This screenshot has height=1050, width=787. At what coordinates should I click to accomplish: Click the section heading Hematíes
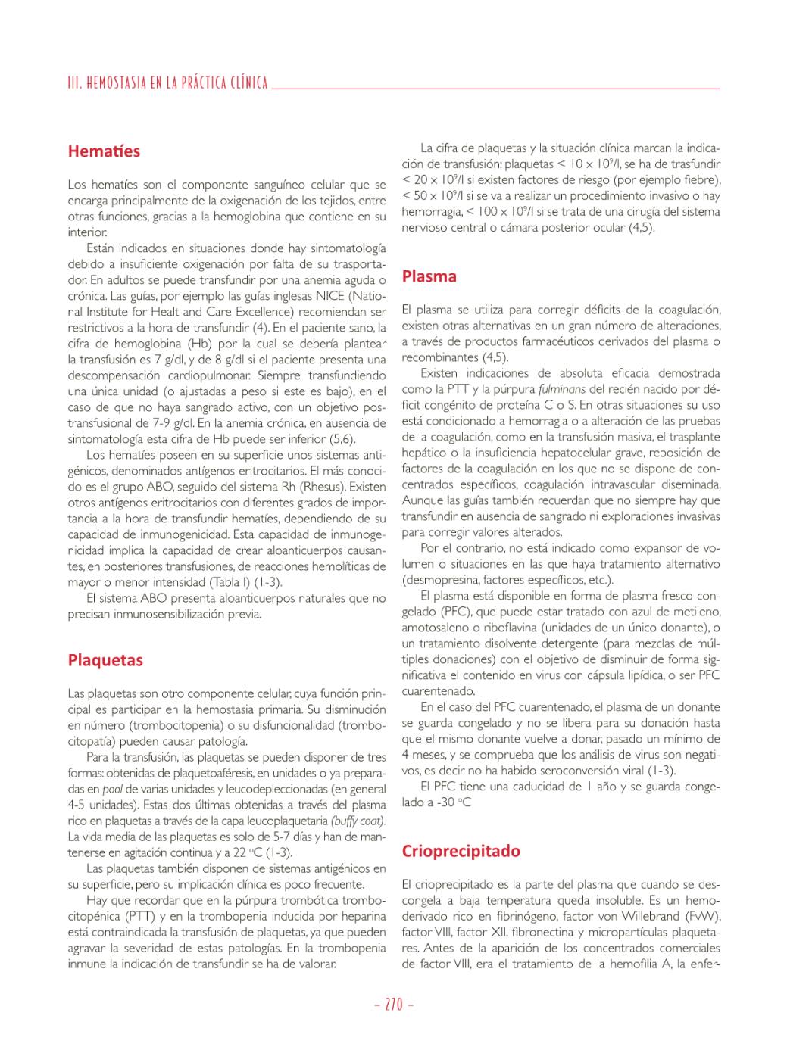click(x=104, y=151)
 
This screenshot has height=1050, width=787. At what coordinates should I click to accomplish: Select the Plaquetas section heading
click(x=105, y=660)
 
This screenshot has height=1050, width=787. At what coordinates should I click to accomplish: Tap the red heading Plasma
click(x=429, y=276)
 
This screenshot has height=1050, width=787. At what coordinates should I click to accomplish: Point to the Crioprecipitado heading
click(x=461, y=851)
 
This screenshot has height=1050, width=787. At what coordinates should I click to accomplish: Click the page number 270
click(x=394, y=1005)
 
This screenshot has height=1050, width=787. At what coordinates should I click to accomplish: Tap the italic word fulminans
click(x=561, y=389)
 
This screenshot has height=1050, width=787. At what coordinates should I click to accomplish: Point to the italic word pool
click(x=112, y=789)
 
